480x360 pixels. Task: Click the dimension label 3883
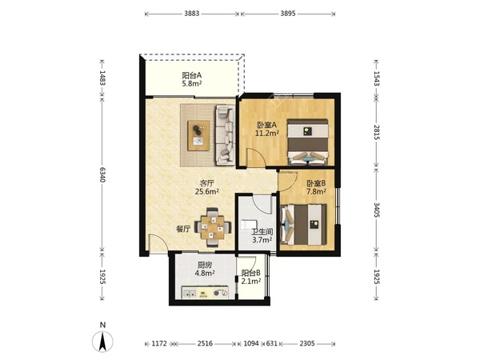click(x=192, y=14)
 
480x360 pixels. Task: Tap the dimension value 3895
click(x=288, y=14)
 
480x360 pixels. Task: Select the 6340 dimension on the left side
click(x=102, y=174)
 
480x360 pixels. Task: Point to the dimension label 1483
click(x=102, y=78)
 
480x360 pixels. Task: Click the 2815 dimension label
click(x=377, y=132)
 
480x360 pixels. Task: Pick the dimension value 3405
click(x=377, y=210)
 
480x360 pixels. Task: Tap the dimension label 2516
click(x=205, y=343)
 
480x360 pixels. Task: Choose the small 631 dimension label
click(x=271, y=343)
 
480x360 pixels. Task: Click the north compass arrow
click(x=102, y=341)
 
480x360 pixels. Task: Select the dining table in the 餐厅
click(x=213, y=227)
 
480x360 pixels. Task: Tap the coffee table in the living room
click(x=198, y=135)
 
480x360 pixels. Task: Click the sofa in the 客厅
click(x=226, y=135)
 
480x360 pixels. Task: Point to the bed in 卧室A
click(x=308, y=142)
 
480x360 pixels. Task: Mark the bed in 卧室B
click(x=304, y=224)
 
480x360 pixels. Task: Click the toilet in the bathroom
click(x=246, y=225)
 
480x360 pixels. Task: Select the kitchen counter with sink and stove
click(x=205, y=292)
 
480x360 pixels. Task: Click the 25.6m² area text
click(x=207, y=192)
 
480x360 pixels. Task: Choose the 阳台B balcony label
click(x=250, y=273)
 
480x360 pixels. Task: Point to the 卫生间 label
click(x=262, y=232)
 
